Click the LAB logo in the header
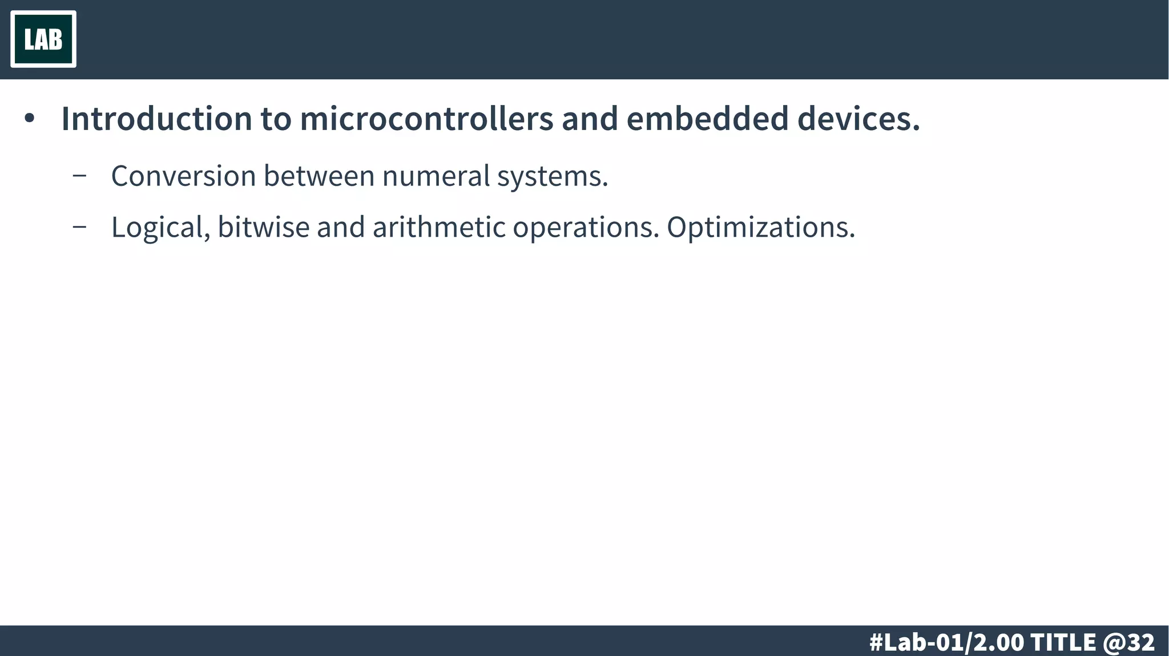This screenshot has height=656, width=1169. pyautogui.click(x=43, y=39)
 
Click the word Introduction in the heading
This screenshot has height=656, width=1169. pyautogui.click(x=156, y=119)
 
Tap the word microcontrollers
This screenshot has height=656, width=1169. pyautogui.click(x=426, y=119)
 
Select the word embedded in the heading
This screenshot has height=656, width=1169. pyautogui.click(x=707, y=119)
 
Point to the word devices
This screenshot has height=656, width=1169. pyautogui.click(x=858, y=119)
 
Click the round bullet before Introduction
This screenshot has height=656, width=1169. pyautogui.click(x=30, y=119)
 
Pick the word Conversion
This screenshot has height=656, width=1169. pyautogui.click(x=183, y=176)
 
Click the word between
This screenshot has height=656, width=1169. pyautogui.click(x=319, y=176)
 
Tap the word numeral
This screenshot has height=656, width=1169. pyautogui.click(x=436, y=176)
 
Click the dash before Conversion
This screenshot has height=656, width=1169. pyautogui.click(x=80, y=176)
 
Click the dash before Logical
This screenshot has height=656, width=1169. pyautogui.click(x=80, y=227)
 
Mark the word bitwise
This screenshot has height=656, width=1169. pyautogui.click(x=263, y=227)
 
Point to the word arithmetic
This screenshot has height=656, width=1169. pyautogui.click(x=439, y=227)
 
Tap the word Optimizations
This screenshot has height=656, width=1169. pyautogui.click(x=761, y=228)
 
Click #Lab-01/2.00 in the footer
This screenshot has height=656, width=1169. pyautogui.click(x=946, y=642)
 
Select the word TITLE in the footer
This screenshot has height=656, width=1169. pyautogui.click(x=1063, y=642)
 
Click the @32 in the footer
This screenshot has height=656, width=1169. pyautogui.click(x=1129, y=642)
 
